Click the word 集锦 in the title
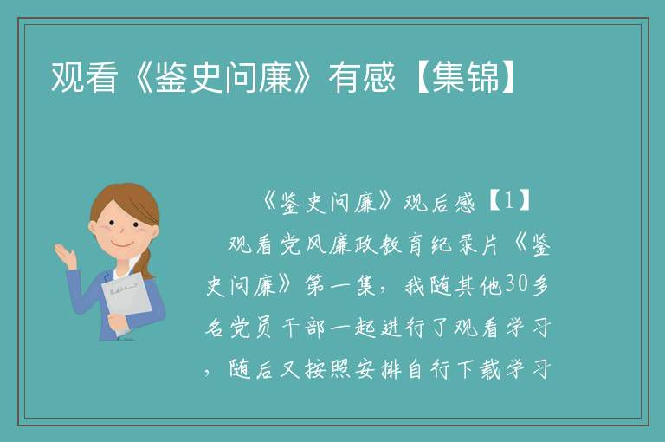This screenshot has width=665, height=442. (x=466, y=77)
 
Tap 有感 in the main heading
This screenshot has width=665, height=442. (x=362, y=77)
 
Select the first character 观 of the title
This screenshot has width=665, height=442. (x=67, y=77)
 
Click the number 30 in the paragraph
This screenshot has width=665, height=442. (x=515, y=285)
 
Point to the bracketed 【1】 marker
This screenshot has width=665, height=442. (x=509, y=201)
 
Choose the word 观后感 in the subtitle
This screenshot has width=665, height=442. (x=439, y=202)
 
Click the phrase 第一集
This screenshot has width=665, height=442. (x=339, y=286)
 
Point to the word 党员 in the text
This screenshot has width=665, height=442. (x=250, y=328)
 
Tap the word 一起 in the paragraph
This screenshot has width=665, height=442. (x=352, y=328)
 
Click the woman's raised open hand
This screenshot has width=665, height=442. (x=65, y=255)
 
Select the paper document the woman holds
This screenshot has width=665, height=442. (x=126, y=299)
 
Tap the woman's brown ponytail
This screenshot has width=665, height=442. (x=146, y=263)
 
